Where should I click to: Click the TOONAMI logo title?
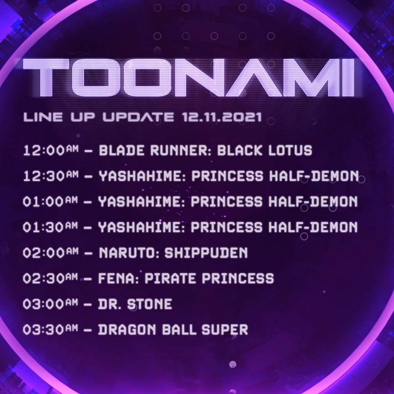(x=189, y=77)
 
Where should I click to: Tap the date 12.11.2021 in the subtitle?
(x=223, y=117)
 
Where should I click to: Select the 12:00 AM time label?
(x=51, y=151)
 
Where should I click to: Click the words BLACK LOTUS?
(x=264, y=150)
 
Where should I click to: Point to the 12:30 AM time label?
(x=51, y=176)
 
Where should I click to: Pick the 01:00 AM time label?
(x=50, y=201)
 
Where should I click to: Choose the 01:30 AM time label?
(x=50, y=227)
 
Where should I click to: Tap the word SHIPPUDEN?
(x=206, y=253)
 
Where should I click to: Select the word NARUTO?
(x=129, y=253)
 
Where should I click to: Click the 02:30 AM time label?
(x=50, y=278)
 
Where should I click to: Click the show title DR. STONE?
(x=135, y=304)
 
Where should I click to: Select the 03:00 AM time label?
(x=50, y=304)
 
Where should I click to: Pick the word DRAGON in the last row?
(x=127, y=329)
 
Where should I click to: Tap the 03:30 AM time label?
(x=50, y=329)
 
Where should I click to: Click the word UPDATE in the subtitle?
(x=138, y=117)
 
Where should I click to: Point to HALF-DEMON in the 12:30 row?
(x=314, y=176)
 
